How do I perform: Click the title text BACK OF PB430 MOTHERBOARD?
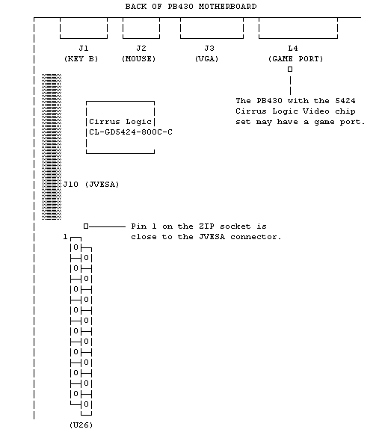tap(191, 7)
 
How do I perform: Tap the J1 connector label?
tap(84, 49)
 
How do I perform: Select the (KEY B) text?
tap(81, 59)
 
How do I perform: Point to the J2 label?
tap(141, 49)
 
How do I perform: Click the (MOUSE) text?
tap(139, 59)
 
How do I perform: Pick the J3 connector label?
tap(209, 49)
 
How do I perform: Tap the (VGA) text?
tap(206, 59)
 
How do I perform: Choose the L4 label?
tap(293, 49)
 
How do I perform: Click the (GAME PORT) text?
tap(295, 59)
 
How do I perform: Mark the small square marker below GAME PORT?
tap(290, 70)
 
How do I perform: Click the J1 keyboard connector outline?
tap(84, 38)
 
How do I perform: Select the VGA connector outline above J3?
tap(212, 38)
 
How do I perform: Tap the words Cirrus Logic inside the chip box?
tap(120, 122)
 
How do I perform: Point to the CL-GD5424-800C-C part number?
tap(131, 132)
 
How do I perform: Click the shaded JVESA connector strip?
tap(52, 147)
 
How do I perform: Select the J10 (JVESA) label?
tap(91, 185)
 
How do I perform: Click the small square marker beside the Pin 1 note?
tap(86, 226)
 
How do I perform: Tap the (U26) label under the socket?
tap(81, 425)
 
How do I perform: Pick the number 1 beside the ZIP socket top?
tap(65, 237)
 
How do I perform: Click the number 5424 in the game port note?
tap(345, 101)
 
